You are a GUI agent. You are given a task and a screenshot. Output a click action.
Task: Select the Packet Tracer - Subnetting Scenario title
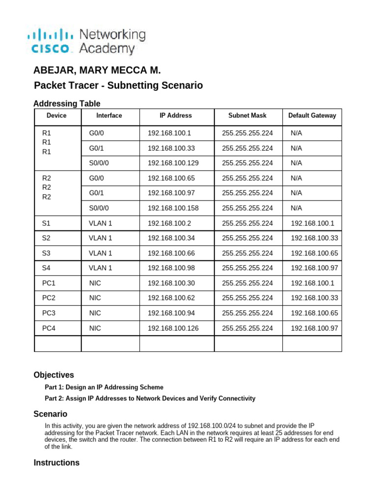coord(118,86)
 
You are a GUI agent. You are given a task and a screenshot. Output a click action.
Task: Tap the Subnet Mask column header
coord(247,116)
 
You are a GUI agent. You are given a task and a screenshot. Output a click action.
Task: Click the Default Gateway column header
coord(312,116)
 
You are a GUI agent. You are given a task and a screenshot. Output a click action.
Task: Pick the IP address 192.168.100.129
coord(173,163)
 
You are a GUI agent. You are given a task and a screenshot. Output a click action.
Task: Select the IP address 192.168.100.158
coord(173,208)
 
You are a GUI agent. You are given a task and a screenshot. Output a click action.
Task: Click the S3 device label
coord(46,253)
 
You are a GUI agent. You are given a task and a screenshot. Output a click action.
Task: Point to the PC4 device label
coord(49,328)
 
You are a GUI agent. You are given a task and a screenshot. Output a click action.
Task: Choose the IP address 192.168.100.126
coord(173,328)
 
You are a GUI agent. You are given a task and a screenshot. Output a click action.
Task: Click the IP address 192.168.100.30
coord(171,283)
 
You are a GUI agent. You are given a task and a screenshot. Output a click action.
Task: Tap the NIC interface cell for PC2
coord(95,298)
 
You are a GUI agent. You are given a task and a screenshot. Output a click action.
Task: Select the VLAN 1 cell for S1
coord(100,223)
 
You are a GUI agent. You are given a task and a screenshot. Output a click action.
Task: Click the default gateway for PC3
coord(314,313)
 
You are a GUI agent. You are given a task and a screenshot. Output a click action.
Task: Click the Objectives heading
coord(54,375)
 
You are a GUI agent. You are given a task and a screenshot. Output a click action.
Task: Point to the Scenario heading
coord(50,414)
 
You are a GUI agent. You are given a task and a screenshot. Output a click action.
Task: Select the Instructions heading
coord(56,463)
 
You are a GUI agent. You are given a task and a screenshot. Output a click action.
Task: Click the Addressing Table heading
coord(67,103)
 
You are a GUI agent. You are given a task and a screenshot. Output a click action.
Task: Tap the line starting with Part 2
coord(150,399)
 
